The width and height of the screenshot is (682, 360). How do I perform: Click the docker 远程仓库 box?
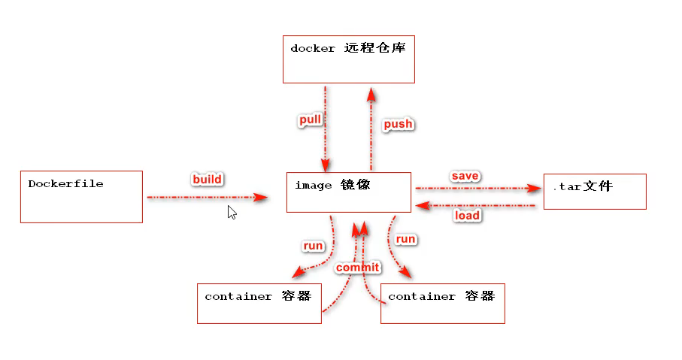[x=349, y=59]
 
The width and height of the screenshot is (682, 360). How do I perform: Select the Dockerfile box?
[x=81, y=197]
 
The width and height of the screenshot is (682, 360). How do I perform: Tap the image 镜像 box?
[x=349, y=192]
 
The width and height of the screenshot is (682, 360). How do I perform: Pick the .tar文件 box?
[x=595, y=192]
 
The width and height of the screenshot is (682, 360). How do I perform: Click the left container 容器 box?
[x=259, y=304]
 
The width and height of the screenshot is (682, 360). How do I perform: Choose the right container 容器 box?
[x=443, y=304]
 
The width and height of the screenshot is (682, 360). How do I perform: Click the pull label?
[x=310, y=120]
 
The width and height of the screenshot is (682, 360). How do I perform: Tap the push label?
[x=398, y=124]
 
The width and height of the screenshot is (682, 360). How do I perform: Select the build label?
[x=207, y=179]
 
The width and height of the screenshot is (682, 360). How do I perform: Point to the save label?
[x=465, y=176]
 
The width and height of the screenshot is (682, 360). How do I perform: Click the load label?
[x=467, y=215]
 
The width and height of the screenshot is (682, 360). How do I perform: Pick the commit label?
[x=357, y=268]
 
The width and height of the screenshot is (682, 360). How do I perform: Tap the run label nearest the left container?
[x=313, y=246]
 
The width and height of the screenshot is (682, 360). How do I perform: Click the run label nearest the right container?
[x=405, y=239]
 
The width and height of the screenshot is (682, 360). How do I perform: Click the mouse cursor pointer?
[x=232, y=213]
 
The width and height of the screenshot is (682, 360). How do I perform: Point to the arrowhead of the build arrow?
[x=260, y=198]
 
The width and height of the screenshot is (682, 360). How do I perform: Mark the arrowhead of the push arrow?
[x=371, y=95]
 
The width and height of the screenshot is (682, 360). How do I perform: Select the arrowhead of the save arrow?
[x=534, y=188]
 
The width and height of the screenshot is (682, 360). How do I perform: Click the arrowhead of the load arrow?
[x=423, y=206]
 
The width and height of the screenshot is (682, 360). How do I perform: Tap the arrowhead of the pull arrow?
[x=326, y=165]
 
